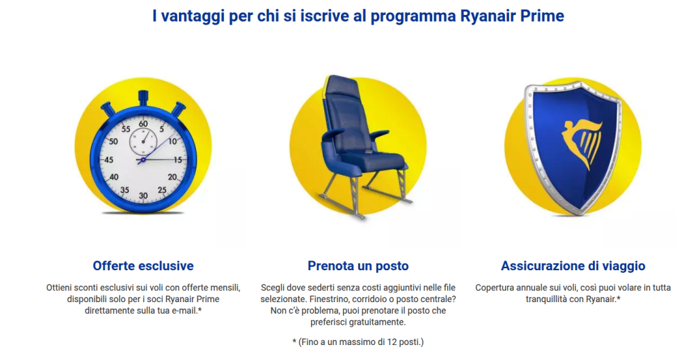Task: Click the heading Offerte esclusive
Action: pyautogui.click(x=143, y=266)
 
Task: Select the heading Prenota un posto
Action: pyautogui.click(x=358, y=266)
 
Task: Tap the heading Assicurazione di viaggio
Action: pyautogui.click(x=573, y=266)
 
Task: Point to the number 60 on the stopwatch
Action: pyautogui.click(x=143, y=124)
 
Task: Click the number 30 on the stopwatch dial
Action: pyautogui.click(x=143, y=195)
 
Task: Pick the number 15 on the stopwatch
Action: pyautogui.click(x=178, y=160)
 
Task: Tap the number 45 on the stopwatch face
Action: pyautogui.click(x=108, y=159)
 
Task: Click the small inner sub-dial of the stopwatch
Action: pyautogui.click(x=143, y=142)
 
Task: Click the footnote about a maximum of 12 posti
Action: pyautogui.click(x=358, y=342)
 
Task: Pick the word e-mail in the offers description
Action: pyautogui.click(x=182, y=311)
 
